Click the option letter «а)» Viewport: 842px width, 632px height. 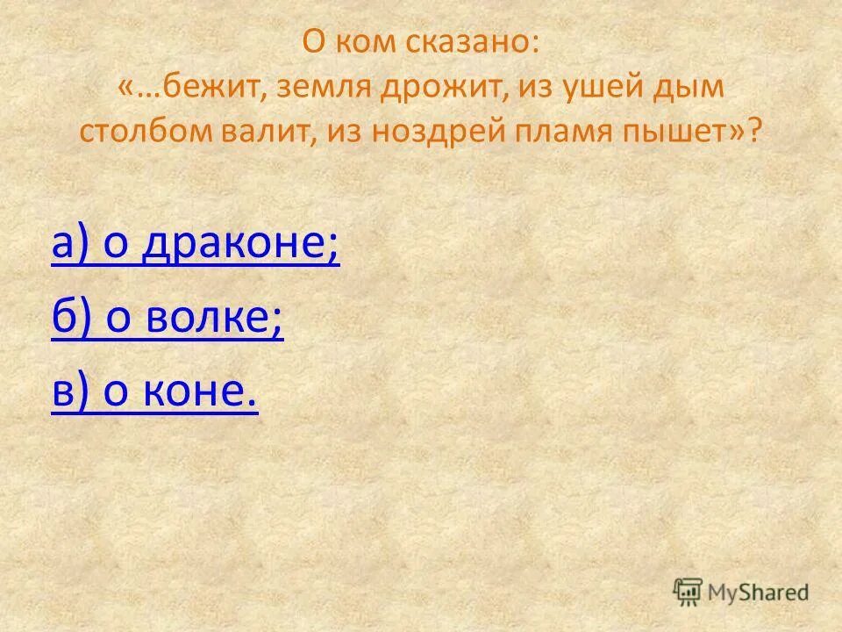72,247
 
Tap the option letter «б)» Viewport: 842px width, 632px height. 72,320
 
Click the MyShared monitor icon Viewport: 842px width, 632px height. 688,591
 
